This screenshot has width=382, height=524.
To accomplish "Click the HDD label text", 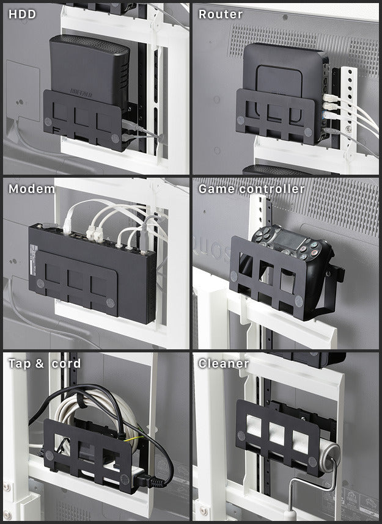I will pyautogui.click(x=22, y=14).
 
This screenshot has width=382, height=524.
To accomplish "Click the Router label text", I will pyautogui.click(x=221, y=14).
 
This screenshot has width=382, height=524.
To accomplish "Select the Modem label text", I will pyautogui.click(x=31, y=189).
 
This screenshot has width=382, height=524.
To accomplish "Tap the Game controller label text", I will pyautogui.click(x=251, y=189).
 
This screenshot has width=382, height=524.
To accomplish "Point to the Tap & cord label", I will pyautogui.click(x=44, y=363).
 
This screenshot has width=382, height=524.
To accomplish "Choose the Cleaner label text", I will pyautogui.click(x=223, y=363).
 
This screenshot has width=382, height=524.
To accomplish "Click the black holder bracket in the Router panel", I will pyautogui.click(x=275, y=116).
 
